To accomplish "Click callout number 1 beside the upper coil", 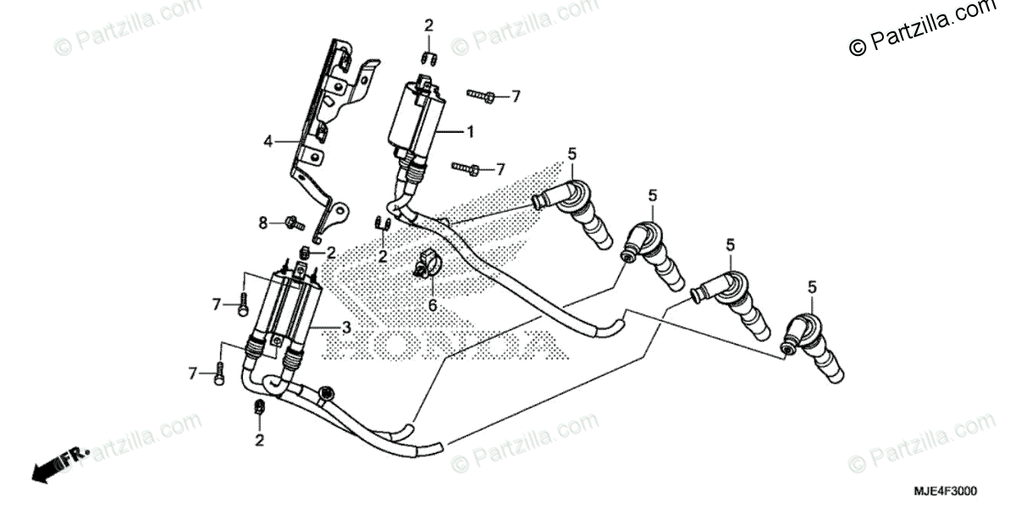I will [470, 132].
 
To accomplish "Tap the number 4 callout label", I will [268, 142].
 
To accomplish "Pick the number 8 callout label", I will [262, 223].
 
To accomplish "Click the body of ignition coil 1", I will [415, 119].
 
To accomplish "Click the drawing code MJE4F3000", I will [945, 491].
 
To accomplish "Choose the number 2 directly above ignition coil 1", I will [428, 25].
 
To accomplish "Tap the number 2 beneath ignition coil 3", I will [260, 440].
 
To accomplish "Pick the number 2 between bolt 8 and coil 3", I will [331, 251].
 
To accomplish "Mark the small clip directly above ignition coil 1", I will [428, 58].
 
